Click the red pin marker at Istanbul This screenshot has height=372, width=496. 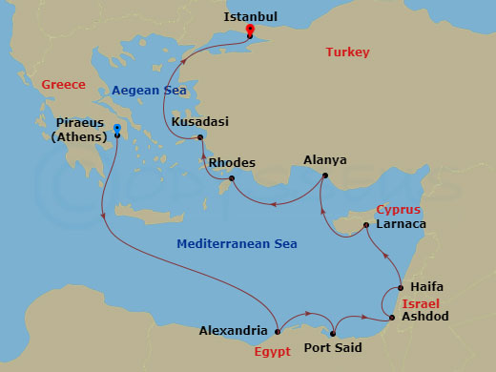click(250, 30)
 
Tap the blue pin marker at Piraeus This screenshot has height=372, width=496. click(116, 130)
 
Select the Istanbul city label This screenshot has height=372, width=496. click(250, 16)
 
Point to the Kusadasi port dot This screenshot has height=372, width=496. click(200, 138)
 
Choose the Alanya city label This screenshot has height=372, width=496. click(324, 159)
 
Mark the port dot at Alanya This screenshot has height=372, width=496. click(324, 176)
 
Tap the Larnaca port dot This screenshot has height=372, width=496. click(365, 226)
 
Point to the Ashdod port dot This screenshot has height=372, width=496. click(392, 318)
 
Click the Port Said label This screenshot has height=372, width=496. click(332, 348)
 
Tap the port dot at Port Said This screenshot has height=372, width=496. click(333, 333)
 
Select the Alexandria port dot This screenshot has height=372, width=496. click(277, 332)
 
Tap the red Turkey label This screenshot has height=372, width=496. click(347, 52)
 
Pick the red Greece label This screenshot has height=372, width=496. click(61, 86)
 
